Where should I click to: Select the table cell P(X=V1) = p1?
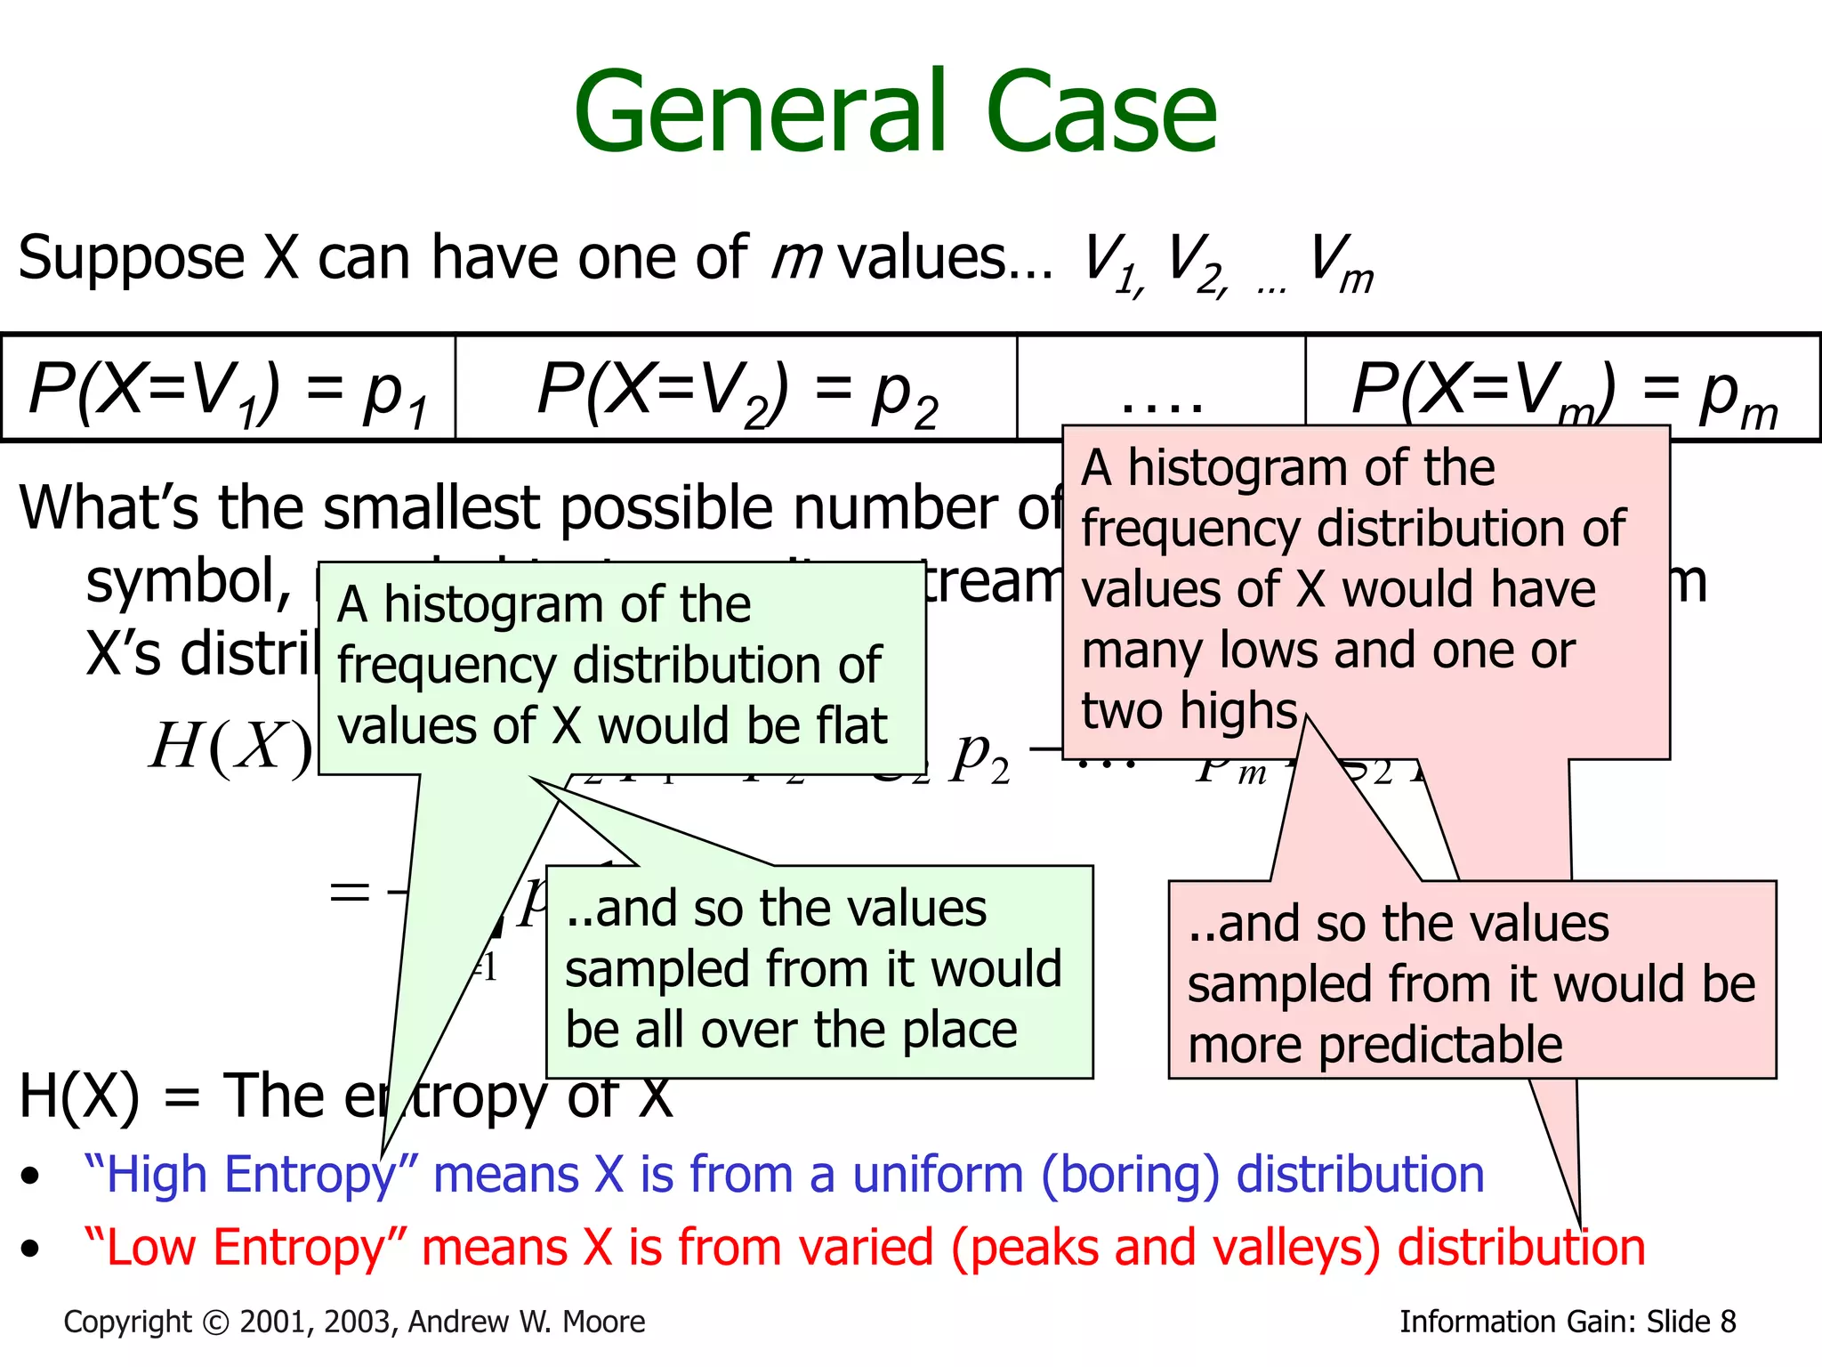point(229,389)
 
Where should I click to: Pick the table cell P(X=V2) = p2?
point(737,389)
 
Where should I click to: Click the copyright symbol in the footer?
point(216,1323)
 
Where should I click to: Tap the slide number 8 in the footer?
point(1728,1323)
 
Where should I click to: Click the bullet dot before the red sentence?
point(31,1249)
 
